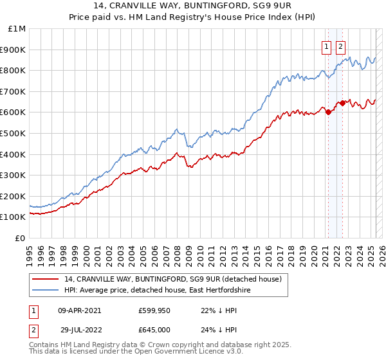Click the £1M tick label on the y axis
click(x=17, y=29)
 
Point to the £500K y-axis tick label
click(x=13, y=134)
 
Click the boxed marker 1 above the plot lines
click(x=327, y=46)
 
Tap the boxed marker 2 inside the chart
click(x=340, y=46)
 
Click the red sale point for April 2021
click(x=329, y=112)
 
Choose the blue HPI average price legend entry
click(x=157, y=291)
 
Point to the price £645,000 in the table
click(x=155, y=328)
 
